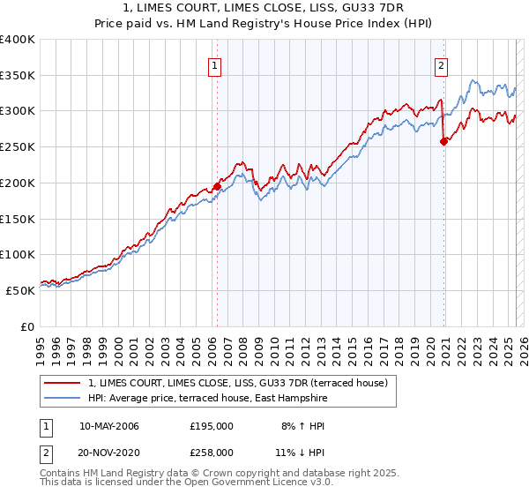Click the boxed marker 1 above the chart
[216, 64]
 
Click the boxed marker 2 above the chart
[440, 64]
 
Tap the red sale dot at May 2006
[217, 187]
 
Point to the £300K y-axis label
[18, 111]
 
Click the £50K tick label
[21, 290]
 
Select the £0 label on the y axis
[28, 326]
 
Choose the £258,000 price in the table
[212, 452]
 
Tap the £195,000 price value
[212, 426]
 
